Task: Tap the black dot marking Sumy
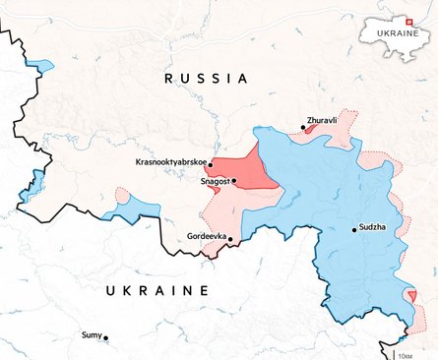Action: (x=106, y=338)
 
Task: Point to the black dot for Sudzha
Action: (x=354, y=230)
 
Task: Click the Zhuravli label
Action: (x=323, y=118)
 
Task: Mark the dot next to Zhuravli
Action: (x=303, y=127)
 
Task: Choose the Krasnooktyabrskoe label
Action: (x=170, y=161)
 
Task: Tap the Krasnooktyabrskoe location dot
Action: (x=211, y=165)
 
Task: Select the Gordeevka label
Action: (x=206, y=237)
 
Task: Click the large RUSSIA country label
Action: (x=206, y=78)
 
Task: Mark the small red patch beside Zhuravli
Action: (x=311, y=128)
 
